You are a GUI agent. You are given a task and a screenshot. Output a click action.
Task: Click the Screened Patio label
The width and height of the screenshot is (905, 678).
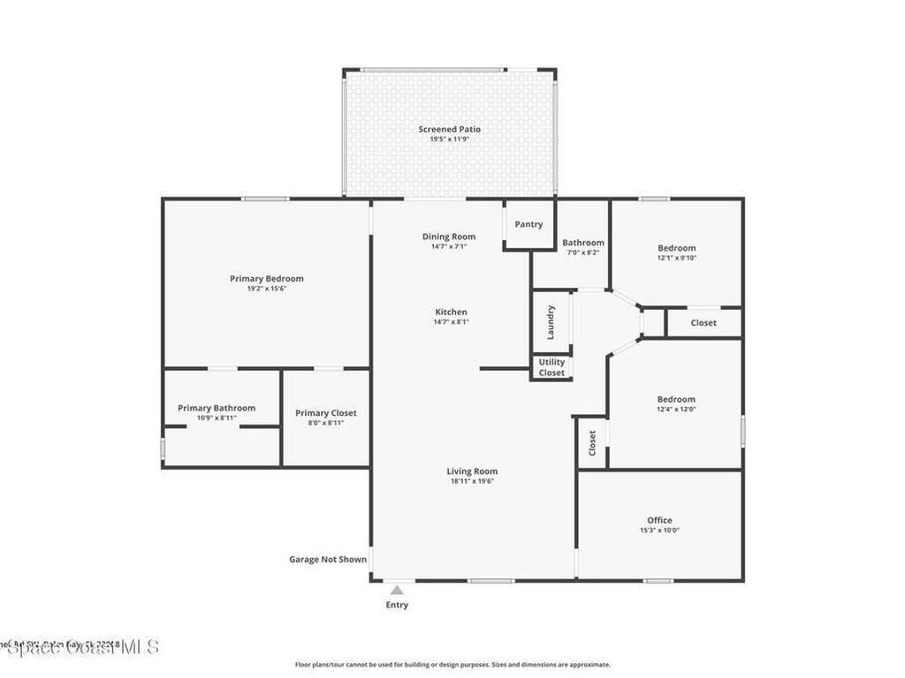[450, 129]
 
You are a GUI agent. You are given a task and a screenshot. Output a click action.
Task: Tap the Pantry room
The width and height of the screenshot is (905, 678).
[529, 224]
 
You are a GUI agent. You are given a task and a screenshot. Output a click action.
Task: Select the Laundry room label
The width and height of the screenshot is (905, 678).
[551, 322]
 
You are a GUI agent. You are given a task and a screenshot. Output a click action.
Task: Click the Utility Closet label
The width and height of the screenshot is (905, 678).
[551, 367]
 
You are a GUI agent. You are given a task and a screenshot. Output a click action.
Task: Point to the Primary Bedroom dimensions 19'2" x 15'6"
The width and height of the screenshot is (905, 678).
[266, 289]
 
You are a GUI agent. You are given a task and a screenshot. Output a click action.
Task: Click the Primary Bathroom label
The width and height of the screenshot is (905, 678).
[217, 408]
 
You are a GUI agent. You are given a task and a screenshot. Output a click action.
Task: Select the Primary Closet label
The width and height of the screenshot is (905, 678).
[326, 413]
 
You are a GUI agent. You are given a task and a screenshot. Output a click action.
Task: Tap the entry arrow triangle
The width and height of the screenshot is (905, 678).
[397, 590]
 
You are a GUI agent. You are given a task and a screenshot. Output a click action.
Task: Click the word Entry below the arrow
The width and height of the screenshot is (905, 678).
[397, 606]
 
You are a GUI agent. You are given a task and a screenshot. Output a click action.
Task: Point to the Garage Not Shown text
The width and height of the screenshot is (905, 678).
[328, 559]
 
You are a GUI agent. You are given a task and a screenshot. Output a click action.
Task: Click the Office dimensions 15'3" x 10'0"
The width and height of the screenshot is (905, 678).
[659, 531]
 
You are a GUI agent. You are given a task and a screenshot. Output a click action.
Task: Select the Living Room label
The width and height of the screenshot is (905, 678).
[472, 471]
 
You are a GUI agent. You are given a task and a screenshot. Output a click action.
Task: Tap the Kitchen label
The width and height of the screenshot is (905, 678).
[451, 312]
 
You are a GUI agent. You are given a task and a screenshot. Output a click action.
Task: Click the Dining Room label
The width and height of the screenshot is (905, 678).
[449, 237]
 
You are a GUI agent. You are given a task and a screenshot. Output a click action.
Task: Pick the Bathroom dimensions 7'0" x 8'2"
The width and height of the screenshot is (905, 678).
[583, 252]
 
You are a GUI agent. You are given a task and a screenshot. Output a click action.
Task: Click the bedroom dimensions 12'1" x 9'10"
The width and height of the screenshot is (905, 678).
[676, 258]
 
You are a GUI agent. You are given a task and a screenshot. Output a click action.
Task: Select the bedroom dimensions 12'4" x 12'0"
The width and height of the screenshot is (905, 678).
[676, 409]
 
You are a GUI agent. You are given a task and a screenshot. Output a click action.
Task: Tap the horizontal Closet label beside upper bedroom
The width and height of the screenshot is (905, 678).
[703, 323]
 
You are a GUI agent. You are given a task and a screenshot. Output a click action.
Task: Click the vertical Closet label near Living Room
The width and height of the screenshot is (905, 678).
[592, 441]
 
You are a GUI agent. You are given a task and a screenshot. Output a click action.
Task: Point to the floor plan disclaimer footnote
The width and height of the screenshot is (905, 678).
[452, 665]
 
